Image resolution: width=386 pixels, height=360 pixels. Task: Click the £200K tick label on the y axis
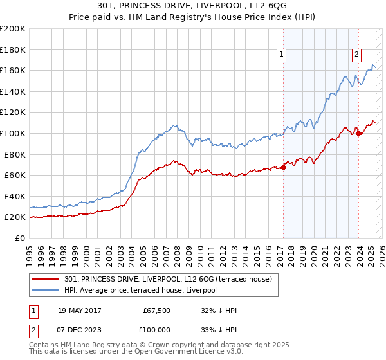click(13, 28)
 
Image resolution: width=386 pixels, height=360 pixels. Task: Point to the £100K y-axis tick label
click(13, 133)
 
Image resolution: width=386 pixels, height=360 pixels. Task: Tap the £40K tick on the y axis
click(15, 196)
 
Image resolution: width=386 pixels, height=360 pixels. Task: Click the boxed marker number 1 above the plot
click(282, 55)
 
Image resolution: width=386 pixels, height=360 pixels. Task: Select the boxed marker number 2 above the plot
click(356, 55)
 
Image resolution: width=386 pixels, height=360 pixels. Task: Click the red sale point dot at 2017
click(284, 167)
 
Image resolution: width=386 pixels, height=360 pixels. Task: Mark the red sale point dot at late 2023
click(358, 133)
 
